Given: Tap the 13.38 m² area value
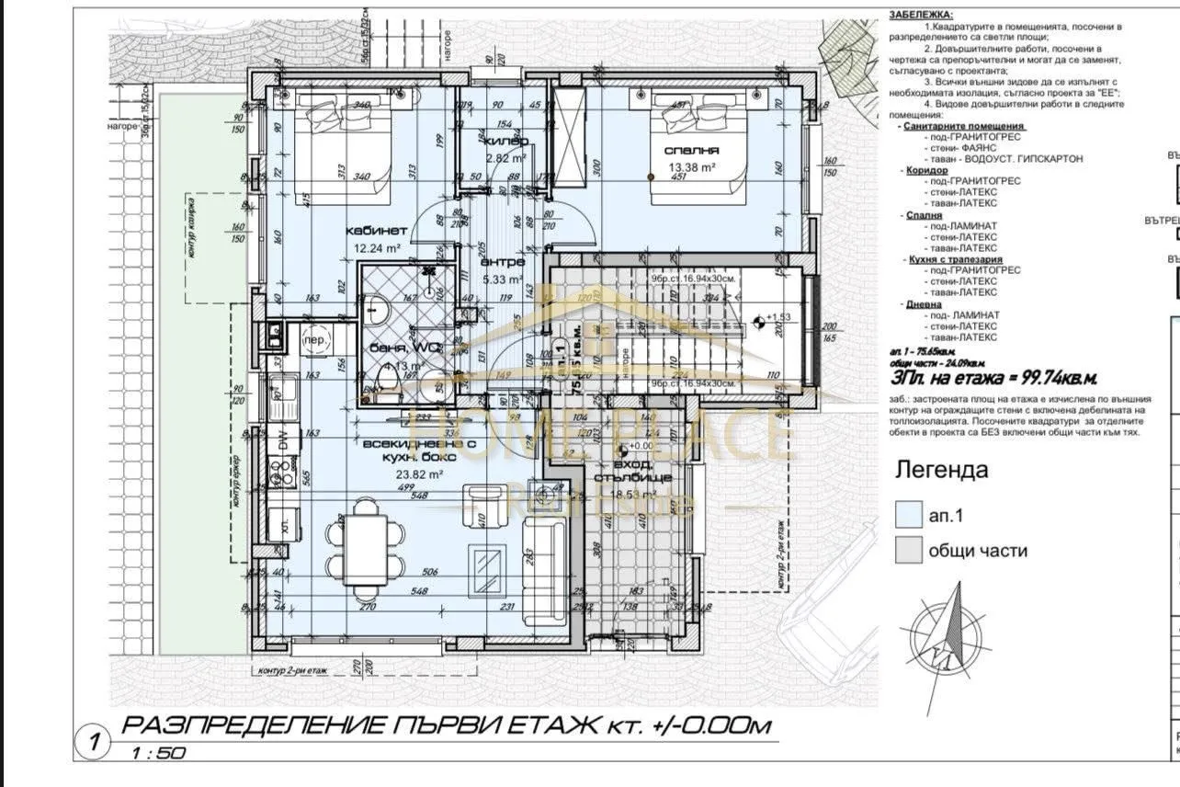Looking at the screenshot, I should coord(694,167).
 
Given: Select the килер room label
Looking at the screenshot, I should coord(505,142).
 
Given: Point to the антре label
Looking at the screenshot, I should coord(504,262).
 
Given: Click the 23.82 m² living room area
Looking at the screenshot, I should coord(418,474).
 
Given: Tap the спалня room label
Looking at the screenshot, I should coord(694,150).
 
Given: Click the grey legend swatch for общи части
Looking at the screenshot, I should coord(908,551).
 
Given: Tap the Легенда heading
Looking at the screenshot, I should coord(942,471).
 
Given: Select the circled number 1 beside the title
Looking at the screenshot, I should coord(93,738).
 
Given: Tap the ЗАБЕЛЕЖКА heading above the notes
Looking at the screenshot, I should coord(922,15).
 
